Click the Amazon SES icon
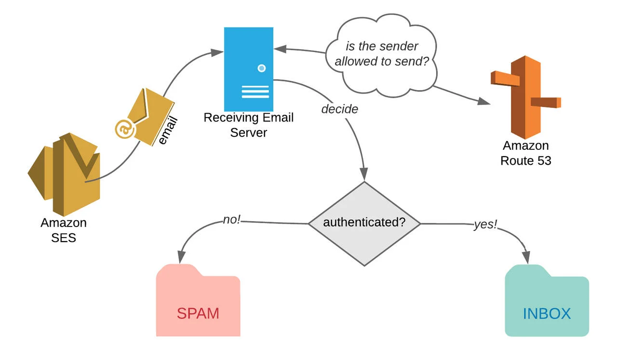pos(64,173)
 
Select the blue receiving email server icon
pos(249,69)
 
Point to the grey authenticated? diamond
pos(364,223)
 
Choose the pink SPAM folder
pos(198,301)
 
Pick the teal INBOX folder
pos(547,301)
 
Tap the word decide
pos(340,109)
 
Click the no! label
pos(232,220)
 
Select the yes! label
pos(485,225)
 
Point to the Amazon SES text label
pos(64,230)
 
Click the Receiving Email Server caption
pos(249,125)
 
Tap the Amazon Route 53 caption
pos(526,153)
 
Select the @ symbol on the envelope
pos(124,129)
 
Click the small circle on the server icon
pos(262,68)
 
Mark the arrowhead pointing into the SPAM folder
pos(183,258)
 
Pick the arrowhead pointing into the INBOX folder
pos(529,258)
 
